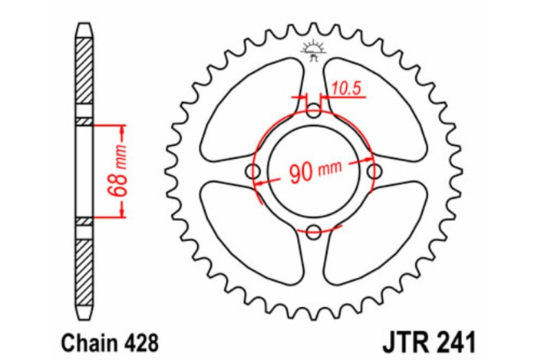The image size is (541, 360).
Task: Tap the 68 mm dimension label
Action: pyautogui.click(x=120, y=170)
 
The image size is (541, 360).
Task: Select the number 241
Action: pyautogui.click(x=454, y=338)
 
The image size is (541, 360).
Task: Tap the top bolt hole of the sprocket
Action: pyautogui.click(x=314, y=112)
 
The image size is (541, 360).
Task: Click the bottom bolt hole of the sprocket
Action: pyautogui.click(x=314, y=230)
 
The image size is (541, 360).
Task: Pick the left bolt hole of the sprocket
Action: pyautogui.click(x=255, y=171)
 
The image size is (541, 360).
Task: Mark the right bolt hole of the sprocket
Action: pyautogui.click(x=373, y=170)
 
